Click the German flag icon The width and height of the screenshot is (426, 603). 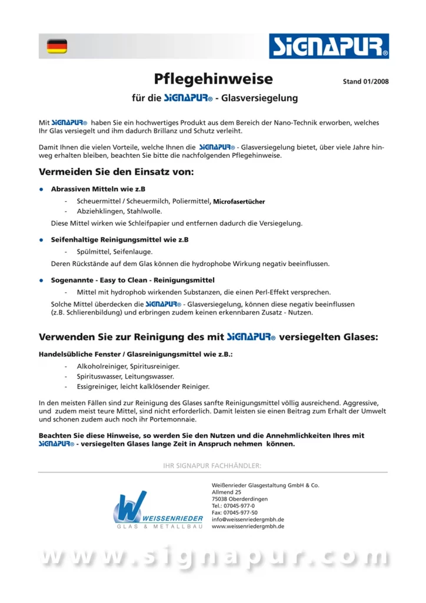pyautogui.click(x=57, y=46)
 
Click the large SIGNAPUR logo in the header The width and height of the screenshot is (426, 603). pyautogui.click(x=328, y=46)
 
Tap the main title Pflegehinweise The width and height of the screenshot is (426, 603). pyautogui.click(x=213, y=79)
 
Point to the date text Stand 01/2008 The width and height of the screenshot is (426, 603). pyautogui.click(x=365, y=81)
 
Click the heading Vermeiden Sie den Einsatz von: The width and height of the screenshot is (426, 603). pyautogui.click(x=116, y=173)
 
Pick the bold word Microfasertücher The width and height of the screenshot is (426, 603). pyautogui.click(x=239, y=201)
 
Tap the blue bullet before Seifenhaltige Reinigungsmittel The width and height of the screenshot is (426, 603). pyautogui.click(x=41, y=240)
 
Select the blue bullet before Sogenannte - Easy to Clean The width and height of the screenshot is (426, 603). pyautogui.click(x=41, y=280)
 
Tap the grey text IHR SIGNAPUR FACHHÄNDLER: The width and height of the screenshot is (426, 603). pyautogui.click(x=212, y=466)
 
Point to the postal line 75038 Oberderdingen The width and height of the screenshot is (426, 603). pyautogui.click(x=239, y=499)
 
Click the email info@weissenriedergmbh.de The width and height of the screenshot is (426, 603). pyautogui.click(x=248, y=519)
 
